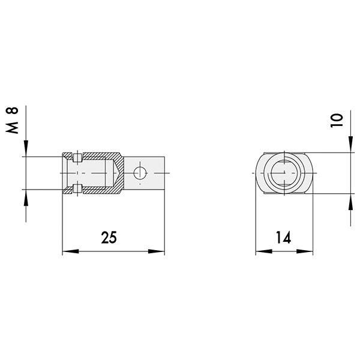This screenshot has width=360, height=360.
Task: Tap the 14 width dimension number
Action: [x=284, y=238]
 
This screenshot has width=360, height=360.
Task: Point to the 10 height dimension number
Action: [x=337, y=118]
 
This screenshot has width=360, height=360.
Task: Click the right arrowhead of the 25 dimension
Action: [x=160, y=251]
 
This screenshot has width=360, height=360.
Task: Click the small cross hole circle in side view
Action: [x=140, y=173]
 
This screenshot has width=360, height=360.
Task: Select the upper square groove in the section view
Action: [x=76, y=158]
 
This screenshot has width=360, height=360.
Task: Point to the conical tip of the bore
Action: [x=114, y=173]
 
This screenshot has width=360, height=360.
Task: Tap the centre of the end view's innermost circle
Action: [x=283, y=173]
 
